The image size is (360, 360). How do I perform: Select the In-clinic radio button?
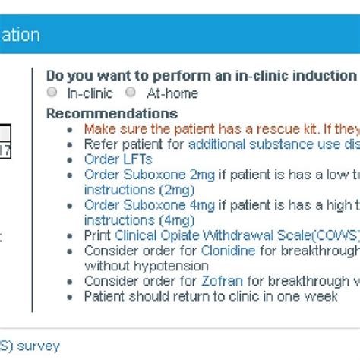coord(52,93)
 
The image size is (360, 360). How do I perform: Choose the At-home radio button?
coord(131,93)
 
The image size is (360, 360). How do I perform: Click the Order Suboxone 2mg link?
coord(150,175)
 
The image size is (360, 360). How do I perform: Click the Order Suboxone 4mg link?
coord(150,205)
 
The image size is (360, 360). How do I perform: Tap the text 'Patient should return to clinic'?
coord(210,296)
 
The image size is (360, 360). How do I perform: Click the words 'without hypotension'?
coord(146,266)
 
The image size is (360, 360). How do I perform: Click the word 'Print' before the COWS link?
coord(96,235)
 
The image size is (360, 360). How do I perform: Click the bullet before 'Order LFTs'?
coord(71,159)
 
